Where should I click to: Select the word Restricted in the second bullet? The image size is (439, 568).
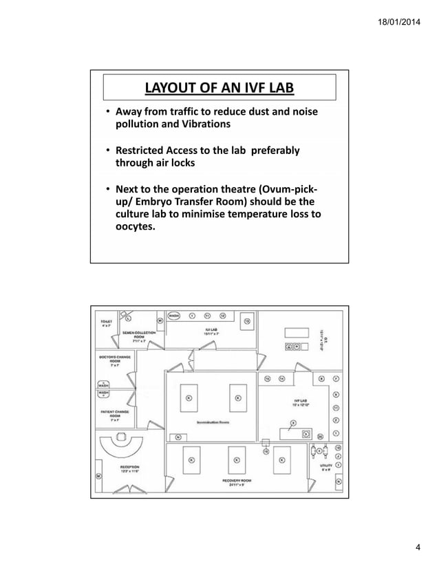click(144, 151)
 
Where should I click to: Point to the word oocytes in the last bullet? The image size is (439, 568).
click(136, 241)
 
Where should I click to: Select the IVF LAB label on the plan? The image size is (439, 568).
click(301, 402)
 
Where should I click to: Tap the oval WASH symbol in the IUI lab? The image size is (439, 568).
click(175, 317)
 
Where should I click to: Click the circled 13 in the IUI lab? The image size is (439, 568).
click(248, 320)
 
